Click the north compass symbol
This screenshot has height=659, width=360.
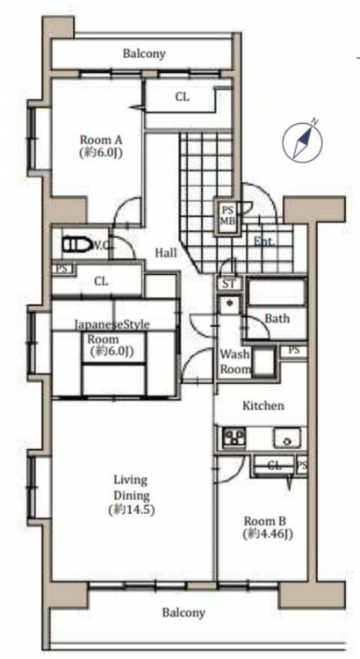[x=302, y=141]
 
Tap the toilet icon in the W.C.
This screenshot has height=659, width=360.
[x=78, y=244]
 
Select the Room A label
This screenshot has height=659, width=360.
[x=101, y=146]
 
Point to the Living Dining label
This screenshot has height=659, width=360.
[x=132, y=495]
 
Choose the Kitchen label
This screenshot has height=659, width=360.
[x=263, y=406]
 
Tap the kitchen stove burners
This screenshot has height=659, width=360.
[x=234, y=438]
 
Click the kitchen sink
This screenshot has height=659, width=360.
[x=287, y=438]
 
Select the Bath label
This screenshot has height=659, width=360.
[x=277, y=319]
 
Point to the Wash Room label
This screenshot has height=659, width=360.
[x=234, y=362]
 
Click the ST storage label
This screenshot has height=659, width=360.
[x=229, y=284]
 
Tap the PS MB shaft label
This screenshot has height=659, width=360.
[x=228, y=215]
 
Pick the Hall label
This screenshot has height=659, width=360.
[x=166, y=252]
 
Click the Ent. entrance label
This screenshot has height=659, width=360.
[x=265, y=242]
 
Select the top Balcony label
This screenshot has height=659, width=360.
[x=144, y=54]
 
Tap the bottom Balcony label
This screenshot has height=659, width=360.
[x=184, y=612]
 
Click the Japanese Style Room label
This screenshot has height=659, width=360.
[x=112, y=337]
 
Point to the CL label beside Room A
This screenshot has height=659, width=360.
[x=183, y=97]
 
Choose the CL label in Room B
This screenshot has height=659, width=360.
[x=274, y=465]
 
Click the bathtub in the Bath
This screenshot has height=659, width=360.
[x=277, y=291]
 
